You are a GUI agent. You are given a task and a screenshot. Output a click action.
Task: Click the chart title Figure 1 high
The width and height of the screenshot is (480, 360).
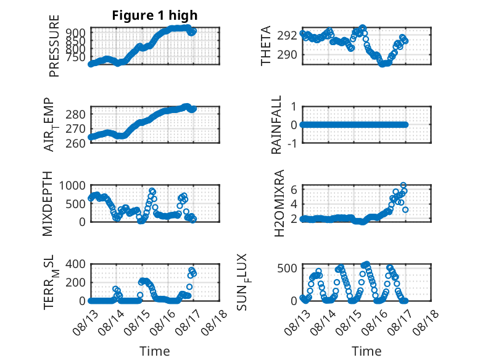(155, 15)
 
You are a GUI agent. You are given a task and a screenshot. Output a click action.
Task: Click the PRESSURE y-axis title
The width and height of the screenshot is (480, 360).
(54, 46)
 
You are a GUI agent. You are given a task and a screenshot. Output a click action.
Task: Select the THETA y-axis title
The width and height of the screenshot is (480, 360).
(266, 46)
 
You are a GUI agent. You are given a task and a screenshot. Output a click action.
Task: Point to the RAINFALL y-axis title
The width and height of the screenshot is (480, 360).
(276, 125)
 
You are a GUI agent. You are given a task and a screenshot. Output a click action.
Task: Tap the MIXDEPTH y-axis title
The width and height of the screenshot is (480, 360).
(48, 203)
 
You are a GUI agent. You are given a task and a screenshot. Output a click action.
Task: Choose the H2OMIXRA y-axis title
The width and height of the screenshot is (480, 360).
(279, 203)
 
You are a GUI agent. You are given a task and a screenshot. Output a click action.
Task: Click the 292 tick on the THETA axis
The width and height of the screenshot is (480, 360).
(287, 36)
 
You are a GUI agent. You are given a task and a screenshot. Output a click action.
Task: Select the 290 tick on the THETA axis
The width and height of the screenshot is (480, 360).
(287, 55)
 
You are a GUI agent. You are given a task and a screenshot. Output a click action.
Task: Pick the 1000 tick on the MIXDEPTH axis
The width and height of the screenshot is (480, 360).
(72, 185)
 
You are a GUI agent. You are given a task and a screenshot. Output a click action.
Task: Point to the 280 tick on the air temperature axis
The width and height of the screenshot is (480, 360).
(76, 115)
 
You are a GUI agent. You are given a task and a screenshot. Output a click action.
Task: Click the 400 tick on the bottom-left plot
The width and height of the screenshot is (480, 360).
(76, 264)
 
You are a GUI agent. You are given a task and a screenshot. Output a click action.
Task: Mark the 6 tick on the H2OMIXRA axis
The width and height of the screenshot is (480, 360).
(294, 190)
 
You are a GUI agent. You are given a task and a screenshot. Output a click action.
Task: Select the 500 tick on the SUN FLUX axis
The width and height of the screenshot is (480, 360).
(287, 269)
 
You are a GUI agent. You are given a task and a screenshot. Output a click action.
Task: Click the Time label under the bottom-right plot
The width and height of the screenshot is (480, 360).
(366, 351)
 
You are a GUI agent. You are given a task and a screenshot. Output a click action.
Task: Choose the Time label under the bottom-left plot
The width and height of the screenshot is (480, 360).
(155, 351)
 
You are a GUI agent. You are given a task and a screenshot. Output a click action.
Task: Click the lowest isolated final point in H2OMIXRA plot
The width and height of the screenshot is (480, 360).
(405, 210)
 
